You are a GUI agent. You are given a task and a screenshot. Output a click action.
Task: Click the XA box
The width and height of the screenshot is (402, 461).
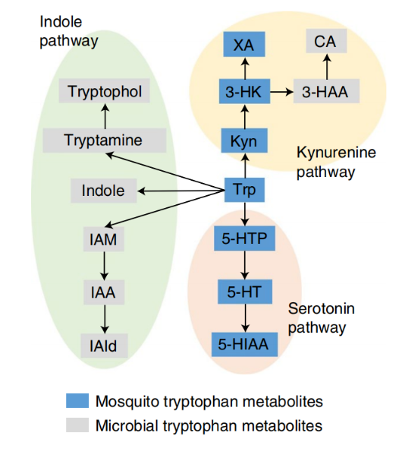pyautogui.click(x=244, y=44)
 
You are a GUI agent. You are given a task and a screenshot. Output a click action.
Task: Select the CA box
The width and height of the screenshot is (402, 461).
pyautogui.click(x=326, y=41)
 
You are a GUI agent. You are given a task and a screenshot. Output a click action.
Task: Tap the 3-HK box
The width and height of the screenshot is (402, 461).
pyautogui.click(x=244, y=91)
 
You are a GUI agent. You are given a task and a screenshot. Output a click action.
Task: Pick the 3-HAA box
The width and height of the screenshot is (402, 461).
pyautogui.click(x=326, y=91)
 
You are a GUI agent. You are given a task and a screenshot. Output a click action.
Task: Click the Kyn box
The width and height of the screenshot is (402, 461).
pyautogui.click(x=244, y=141)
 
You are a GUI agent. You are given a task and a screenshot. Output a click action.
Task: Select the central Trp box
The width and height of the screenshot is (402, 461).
pyautogui.click(x=244, y=190)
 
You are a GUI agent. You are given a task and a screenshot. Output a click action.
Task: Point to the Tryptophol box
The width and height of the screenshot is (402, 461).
pyautogui.click(x=104, y=90)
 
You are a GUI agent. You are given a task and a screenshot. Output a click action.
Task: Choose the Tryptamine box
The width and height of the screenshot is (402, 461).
pyautogui.click(x=104, y=141)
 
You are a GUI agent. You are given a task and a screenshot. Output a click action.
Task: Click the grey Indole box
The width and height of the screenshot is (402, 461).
pyautogui.click(x=104, y=191)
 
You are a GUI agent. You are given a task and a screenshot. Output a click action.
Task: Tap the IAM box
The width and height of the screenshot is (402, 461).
pyautogui.click(x=104, y=239)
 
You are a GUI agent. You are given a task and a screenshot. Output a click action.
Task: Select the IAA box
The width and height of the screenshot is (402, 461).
pyautogui.click(x=104, y=292)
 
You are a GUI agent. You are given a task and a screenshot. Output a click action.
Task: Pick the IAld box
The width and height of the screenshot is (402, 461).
pyautogui.click(x=104, y=346)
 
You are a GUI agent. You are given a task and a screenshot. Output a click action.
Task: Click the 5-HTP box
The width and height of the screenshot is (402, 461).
pyautogui.click(x=244, y=238)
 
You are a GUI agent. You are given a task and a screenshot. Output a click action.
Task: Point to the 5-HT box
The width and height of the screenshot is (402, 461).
pyautogui.click(x=245, y=292)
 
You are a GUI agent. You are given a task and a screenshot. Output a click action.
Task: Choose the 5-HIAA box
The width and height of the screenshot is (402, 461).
pyautogui.click(x=244, y=345)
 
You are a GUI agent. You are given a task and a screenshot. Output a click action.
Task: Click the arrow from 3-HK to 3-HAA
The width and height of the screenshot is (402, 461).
pyautogui.click(x=281, y=92)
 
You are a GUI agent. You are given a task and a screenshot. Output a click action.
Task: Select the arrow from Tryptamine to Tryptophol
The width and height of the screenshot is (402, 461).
pyautogui.click(x=105, y=115)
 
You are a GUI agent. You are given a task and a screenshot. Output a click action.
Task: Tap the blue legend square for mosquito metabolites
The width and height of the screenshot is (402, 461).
pyautogui.click(x=77, y=401)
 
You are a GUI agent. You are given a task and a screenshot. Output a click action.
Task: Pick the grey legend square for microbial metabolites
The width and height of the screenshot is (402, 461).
pyautogui.click(x=77, y=425)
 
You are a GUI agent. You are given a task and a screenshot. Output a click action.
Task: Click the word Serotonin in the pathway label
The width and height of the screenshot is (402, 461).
pyautogui.click(x=322, y=308)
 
